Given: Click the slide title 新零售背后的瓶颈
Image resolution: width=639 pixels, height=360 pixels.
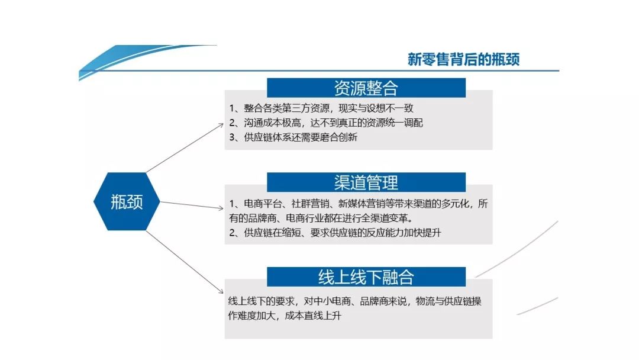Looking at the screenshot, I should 463,59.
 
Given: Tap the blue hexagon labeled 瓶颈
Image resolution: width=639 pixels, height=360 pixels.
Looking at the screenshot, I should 127,202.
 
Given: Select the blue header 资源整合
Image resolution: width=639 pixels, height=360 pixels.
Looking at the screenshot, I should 366,88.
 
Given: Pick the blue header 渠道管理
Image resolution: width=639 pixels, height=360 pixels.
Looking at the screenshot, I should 366,182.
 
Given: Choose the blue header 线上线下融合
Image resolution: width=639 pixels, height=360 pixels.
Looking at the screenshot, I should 366,277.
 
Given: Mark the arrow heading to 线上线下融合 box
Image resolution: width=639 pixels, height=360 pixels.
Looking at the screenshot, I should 183,260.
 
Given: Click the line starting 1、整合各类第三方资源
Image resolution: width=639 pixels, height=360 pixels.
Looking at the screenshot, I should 321,108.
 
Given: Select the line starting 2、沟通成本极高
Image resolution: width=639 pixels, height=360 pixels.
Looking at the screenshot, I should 326,123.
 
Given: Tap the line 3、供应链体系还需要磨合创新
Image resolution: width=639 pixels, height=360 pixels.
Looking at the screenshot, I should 293,137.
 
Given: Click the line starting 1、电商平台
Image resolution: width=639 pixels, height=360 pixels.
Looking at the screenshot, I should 359,204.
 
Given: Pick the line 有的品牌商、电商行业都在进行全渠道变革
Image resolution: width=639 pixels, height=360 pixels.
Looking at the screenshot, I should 317,218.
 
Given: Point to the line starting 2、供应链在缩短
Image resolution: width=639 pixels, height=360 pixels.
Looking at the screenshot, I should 335,233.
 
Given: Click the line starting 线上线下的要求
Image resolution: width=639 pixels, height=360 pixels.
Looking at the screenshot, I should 354,301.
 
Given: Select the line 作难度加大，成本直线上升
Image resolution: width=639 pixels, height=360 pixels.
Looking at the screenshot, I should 285,316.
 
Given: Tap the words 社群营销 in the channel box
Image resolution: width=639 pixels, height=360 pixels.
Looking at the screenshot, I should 302,204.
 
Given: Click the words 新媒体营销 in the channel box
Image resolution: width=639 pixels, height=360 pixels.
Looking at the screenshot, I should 351,204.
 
